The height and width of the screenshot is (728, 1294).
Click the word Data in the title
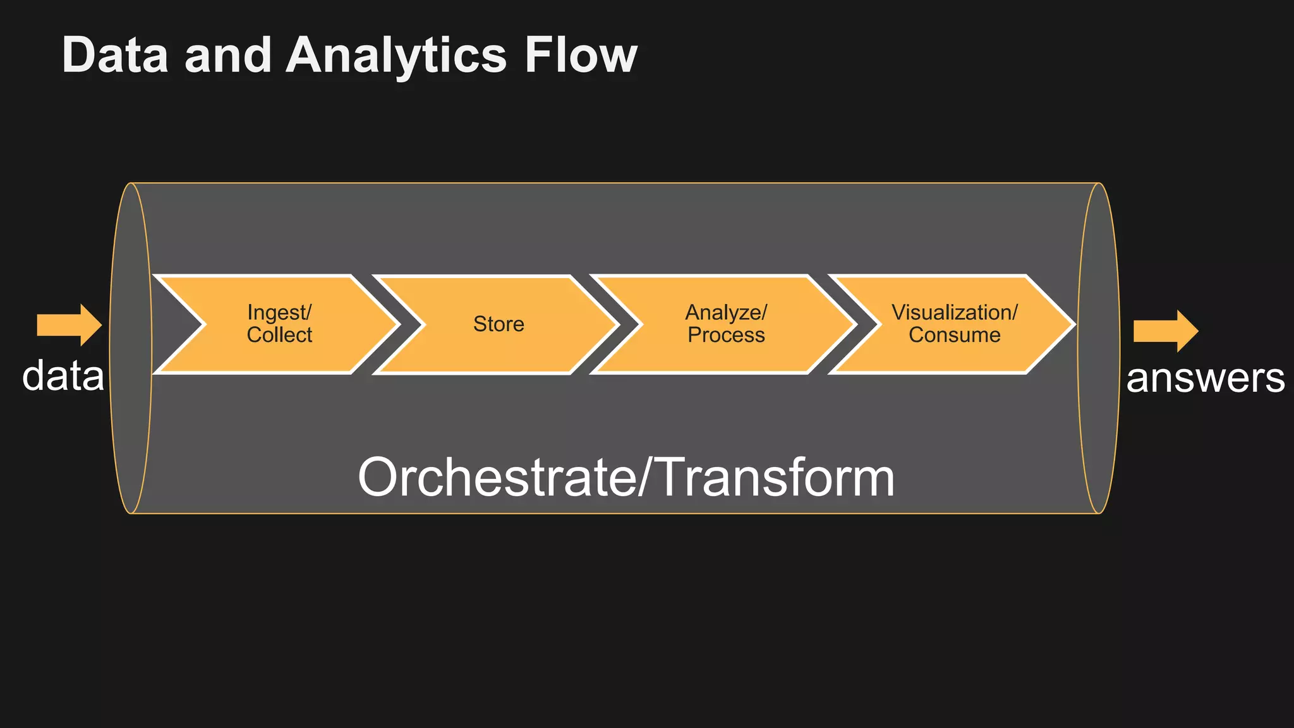pyautogui.click(x=116, y=56)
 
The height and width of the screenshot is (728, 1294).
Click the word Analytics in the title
pyautogui.click(x=396, y=56)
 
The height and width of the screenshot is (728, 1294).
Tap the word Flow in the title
pyautogui.click(x=580, y=56)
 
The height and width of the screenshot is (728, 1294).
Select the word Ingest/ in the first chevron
pyautogui.click(x=279, y=312)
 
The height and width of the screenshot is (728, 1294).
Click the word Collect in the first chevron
pyautogui.click(x=279, y=335)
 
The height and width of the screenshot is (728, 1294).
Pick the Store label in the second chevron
pyautogui.click(x=499, y=324)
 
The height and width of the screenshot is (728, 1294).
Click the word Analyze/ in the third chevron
pyautogui.click(x=726, y=312)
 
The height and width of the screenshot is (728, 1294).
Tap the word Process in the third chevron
pyautogui.click(x=726, y=335)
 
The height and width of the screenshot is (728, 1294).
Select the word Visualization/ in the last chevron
pyautogui.click(x=954, y=312)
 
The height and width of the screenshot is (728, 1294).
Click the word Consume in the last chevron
pyautogui.click(x=954, y=335)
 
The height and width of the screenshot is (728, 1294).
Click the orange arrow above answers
pyautogui.click(x=1164, y=331)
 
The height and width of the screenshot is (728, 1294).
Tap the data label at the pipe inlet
pyautogui.click(x=63, y=376)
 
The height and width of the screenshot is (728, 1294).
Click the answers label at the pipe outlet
pyautogui.click(x=1205, y=379)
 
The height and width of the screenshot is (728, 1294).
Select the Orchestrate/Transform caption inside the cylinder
pyautogui.click(x=626, y=478)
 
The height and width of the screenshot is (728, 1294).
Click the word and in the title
pyautogui.click(x=227, y=56)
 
